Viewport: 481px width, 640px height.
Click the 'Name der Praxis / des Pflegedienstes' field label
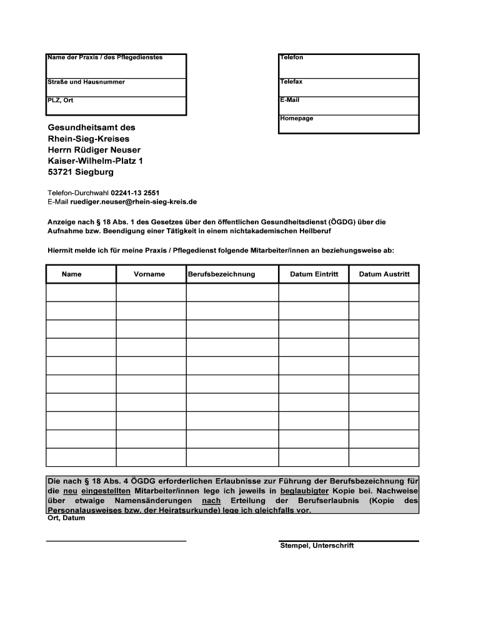click(105, 57)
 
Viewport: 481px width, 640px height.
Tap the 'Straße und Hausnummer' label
click(86, 82)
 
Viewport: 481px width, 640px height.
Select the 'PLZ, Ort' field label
click(61, 100)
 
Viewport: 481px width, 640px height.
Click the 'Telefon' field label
click(292, 57)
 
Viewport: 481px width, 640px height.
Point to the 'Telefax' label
click(292, 82)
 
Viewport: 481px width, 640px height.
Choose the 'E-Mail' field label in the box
click(290, 100)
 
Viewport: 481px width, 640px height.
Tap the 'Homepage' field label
click(297, 118)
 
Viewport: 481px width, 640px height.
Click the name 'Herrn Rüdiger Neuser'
click(94, 150)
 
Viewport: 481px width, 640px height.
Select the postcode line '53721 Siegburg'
click(81, 172)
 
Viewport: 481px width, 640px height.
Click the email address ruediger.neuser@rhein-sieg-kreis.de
click(134, 202)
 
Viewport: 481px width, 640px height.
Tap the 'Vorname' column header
click(150, 274)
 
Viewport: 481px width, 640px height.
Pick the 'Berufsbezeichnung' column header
click(222, 274)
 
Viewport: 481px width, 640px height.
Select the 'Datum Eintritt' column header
click(314, 274)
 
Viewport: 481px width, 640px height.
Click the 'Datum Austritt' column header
click(384, 274)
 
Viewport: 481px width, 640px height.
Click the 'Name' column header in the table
click(72, 274)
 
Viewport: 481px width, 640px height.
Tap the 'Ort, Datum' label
click(66, 518)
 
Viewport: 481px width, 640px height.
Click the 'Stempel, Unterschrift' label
click(317, 546)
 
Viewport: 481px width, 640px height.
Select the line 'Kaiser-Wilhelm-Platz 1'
click(96, 161)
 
